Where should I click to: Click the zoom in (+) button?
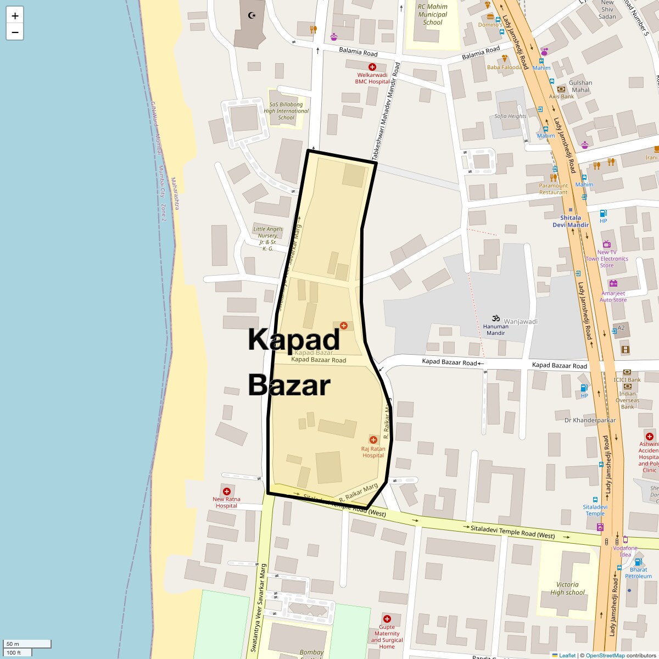pos(15,15)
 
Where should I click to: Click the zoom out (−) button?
pos(15,32)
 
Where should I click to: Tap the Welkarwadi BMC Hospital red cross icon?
pos(372,66)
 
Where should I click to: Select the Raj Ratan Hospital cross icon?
pos(373,440)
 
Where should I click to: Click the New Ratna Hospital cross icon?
pos(226,491)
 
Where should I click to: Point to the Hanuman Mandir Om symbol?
pos(495,319)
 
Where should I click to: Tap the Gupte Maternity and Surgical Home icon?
pos(387,619)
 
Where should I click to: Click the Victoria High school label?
pos(567,588)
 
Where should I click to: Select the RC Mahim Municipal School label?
pos(432,15)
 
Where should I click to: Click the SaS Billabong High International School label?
pos(286,111)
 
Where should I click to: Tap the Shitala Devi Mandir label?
pos(571,221)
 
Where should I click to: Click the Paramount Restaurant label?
pos(553,189)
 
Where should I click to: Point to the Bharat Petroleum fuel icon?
pos(638,562)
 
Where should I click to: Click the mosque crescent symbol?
pos(253,15)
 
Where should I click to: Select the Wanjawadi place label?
pos(521,321)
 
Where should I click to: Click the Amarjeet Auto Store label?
pos(613,297)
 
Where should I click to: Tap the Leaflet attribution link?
pos(567,655)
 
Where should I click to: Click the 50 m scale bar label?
pos(13,644)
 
